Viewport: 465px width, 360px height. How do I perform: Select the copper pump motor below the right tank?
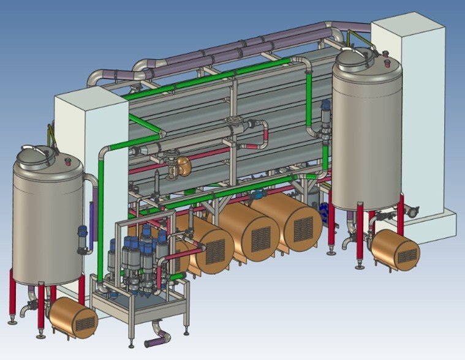395,248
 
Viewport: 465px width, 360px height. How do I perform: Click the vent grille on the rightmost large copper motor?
303,229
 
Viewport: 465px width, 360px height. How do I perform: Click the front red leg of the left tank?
41,309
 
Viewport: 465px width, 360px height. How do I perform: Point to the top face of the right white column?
407,24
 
